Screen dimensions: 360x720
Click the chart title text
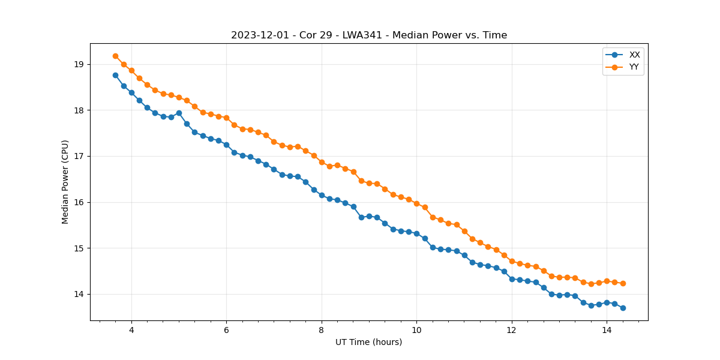click(x=369, y=35)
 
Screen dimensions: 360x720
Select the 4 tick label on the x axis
click(x=131, y=329)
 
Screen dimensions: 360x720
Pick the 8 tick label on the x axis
click(x=322, y=329)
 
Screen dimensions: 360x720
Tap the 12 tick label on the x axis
click(x=512, y=329)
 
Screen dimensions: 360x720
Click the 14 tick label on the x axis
click(x=607, y=329)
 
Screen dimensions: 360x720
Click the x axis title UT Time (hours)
click(x=369, y=342)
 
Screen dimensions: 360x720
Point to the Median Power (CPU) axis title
click(x=65, y=182)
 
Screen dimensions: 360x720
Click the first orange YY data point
click(x=115, y=56)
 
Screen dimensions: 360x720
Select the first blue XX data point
click(x=115, y=75)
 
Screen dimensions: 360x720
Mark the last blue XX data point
click(x=623, y=308)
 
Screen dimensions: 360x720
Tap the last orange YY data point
click(x=623, y=283)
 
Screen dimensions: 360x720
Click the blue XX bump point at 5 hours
click(x=179, y=113)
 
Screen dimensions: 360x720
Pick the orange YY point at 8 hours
click(x=322, y=162)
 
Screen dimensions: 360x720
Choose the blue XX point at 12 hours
click(x=512, y=279)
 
